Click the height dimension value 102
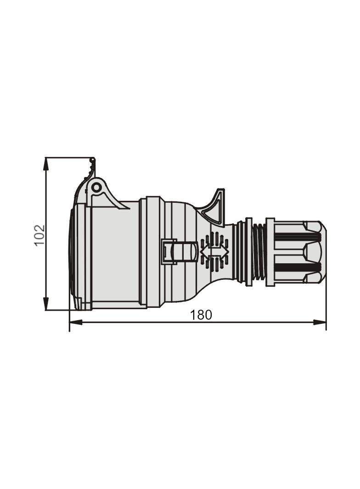[x=40, y=234]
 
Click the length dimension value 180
[x=201, y=315]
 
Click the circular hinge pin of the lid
[x=96, y=187]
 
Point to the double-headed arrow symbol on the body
[x=214, y=252]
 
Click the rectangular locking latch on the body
[x=169, y=252]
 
